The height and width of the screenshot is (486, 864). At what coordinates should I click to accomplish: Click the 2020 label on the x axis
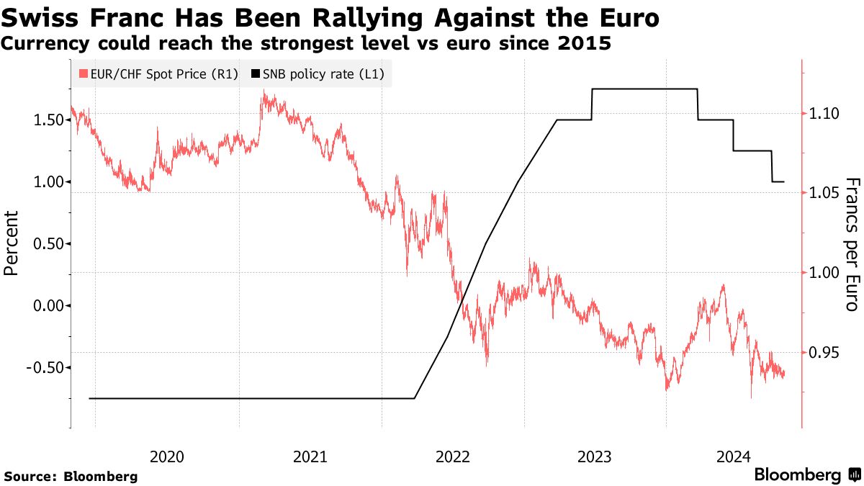tap(167, 456)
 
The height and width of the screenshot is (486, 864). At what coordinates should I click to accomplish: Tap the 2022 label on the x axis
tap(452, 456)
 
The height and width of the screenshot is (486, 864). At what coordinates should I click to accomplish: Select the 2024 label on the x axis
tap(735, 456)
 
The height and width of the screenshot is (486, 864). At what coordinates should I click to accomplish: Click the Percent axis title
tap(12, 243)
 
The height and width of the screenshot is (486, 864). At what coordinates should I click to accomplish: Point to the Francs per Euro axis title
tap(852, 244)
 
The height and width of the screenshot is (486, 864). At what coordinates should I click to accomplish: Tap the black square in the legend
tap(256, 73)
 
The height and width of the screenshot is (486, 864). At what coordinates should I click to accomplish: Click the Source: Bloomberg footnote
tap(71, 476)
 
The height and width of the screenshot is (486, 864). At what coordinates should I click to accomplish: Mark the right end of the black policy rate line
tap(783, 181)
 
